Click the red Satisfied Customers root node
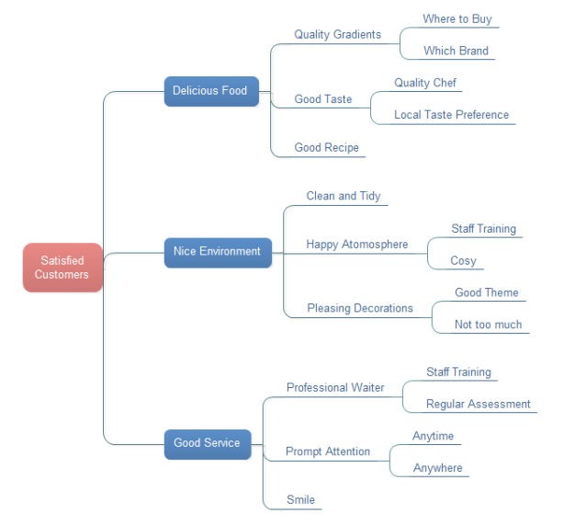(x=62, y=268)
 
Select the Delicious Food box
(x=211, y=91)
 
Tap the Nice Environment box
(x=219, y=253)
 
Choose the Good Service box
(x=208, y=444)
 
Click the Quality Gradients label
(x=338, y=35)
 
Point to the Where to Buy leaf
(x=457, y=18)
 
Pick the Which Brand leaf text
(x=456, y=51)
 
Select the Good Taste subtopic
(x=323, y=99)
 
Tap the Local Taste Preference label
(x=451, y=115)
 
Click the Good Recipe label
(x=327, y=147)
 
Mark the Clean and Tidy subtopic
(x=344, y=196)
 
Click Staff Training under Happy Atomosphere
(x=484, y=229)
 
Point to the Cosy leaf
(x=463, y=260)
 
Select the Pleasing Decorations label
(x=360, y=308)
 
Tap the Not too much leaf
(x=488, y=325)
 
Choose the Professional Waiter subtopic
(x=335, y=388)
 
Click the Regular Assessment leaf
(x=479, y=404)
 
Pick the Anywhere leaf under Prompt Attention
(x=438, y=468)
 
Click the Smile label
(x=300, y=500)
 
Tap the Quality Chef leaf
(x=425, y=83)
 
